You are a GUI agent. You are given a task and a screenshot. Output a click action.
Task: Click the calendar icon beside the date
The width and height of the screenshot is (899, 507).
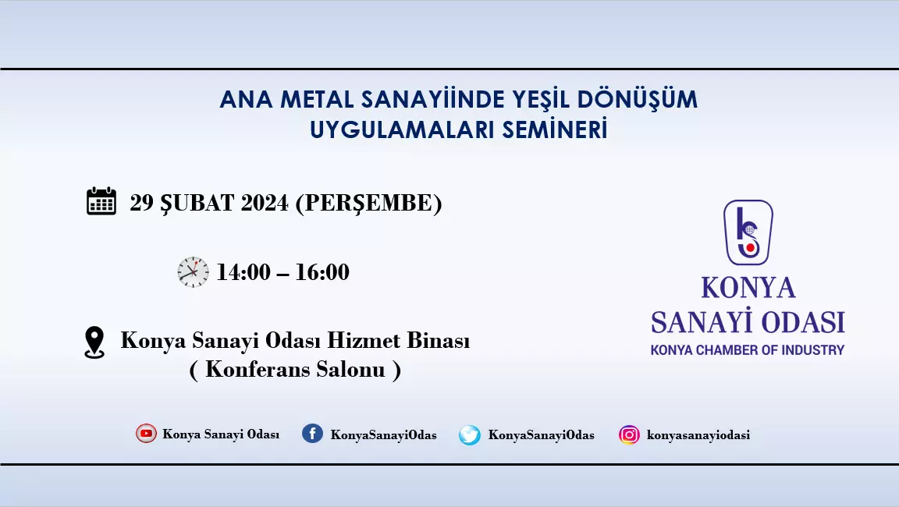pos(101,201)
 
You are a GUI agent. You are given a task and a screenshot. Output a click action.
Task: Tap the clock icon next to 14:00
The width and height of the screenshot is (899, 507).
pos(194,272)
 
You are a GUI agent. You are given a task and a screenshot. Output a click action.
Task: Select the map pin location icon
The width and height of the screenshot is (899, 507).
pos(94,342)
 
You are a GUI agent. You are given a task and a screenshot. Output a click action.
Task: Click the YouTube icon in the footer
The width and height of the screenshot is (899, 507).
pos(146,434)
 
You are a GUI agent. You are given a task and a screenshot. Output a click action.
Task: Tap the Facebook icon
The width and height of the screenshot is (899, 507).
pos(312,434)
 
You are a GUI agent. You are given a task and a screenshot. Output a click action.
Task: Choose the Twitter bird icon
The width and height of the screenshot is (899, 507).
pos(470,434)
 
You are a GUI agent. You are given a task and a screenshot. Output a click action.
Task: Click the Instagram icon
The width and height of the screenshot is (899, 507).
pos(629,434)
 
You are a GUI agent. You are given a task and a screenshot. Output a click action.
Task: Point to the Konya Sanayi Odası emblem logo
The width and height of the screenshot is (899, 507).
pos(748,232)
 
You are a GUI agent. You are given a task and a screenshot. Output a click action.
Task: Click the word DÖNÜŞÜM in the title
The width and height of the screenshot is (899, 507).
pos(637,99)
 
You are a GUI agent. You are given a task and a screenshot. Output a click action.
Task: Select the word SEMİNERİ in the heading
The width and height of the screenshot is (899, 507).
pos(555,129)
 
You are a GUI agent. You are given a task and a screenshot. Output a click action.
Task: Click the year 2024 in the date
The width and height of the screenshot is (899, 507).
pos(265,203)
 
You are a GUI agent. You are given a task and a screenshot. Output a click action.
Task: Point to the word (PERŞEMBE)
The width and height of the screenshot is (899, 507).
pos(368,204)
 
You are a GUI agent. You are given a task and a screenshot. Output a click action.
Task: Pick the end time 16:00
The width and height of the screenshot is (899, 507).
pos(322,272)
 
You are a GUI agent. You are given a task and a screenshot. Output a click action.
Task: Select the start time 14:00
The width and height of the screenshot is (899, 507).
pos(243,272)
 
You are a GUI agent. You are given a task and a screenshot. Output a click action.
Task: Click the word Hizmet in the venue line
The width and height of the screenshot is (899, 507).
pos(356,340)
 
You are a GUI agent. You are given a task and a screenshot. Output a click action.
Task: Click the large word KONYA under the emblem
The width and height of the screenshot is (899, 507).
pos(748,288)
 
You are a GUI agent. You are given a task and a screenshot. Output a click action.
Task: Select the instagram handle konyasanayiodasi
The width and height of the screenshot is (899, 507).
pos(698,434)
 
